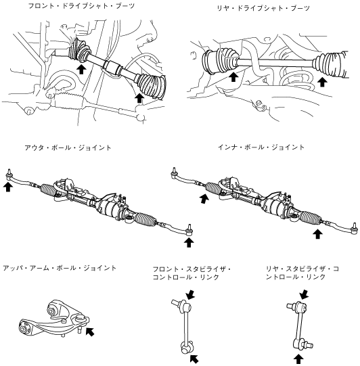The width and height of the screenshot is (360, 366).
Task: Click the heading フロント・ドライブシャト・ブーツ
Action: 81,6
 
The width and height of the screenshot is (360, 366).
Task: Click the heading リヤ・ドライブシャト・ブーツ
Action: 263,8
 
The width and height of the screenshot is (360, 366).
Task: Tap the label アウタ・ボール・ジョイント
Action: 68,147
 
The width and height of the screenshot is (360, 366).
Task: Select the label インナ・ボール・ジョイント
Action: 261,147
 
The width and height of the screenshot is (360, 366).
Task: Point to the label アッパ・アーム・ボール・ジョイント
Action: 60,268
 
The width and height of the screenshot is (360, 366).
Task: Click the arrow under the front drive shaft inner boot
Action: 81,69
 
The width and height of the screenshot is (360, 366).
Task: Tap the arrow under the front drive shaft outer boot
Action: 139,98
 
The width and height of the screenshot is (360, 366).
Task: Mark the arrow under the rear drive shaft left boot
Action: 233,77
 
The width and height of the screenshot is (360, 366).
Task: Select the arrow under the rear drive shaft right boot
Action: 322,82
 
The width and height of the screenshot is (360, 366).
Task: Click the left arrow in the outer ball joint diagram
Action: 8,187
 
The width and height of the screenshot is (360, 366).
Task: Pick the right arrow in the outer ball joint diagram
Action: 189,242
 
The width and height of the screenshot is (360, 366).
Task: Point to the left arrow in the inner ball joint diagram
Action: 204,199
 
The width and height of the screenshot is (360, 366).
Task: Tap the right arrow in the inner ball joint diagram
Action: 317,233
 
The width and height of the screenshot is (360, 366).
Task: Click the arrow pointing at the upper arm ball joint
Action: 90,331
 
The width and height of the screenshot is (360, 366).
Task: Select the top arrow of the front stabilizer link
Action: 191,294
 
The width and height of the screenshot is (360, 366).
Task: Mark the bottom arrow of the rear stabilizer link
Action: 298,359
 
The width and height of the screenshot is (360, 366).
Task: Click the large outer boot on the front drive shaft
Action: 152,86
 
